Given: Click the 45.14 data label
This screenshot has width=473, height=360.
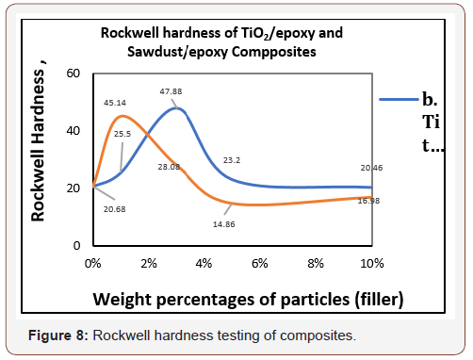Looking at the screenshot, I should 115,102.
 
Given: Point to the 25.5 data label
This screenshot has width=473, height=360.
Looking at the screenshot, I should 122,134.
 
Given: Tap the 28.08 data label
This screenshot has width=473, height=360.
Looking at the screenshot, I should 170,166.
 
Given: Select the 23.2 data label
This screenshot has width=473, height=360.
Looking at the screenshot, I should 232,161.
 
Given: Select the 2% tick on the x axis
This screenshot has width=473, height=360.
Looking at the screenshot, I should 149,262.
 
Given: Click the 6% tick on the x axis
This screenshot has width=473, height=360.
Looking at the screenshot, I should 260,262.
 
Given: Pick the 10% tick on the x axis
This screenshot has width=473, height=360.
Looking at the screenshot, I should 371,262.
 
